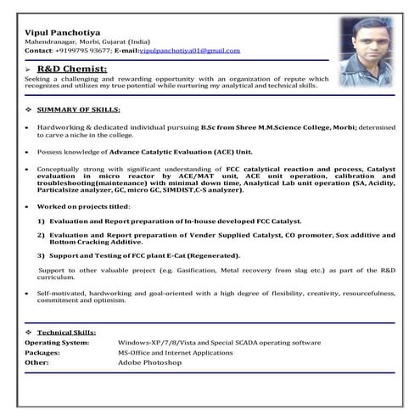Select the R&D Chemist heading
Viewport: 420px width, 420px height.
(73, 68)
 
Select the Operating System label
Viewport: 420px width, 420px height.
(57, 343)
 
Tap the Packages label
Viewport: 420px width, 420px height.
(42, 352)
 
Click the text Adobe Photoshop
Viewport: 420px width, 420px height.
(150, 362)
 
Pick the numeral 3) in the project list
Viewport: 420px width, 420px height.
(41, 255)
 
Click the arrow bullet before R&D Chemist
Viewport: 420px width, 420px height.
(30, 68)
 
